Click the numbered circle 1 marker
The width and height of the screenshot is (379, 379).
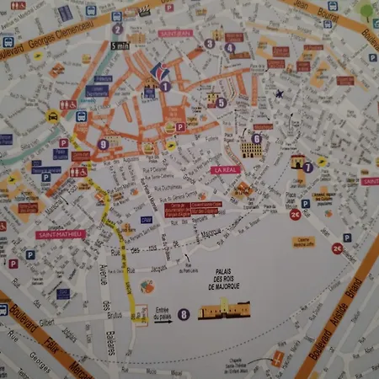(x=165, y=85)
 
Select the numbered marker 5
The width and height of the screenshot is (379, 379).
(x=221, y=103)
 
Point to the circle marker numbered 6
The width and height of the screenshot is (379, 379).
(x=256, y=139)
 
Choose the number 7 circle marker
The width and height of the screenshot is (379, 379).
(x=308, y=167)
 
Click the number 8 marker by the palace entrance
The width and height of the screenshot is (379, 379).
(x=184, y=315)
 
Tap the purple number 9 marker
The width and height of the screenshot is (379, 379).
(x=103, y=144)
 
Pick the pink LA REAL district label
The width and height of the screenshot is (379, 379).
(x=227, y=170)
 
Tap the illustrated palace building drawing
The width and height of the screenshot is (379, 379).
(x=225, y=311)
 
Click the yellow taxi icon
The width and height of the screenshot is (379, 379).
(x=52, y=119)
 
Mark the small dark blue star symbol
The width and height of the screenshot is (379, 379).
(x=279, y=93)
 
